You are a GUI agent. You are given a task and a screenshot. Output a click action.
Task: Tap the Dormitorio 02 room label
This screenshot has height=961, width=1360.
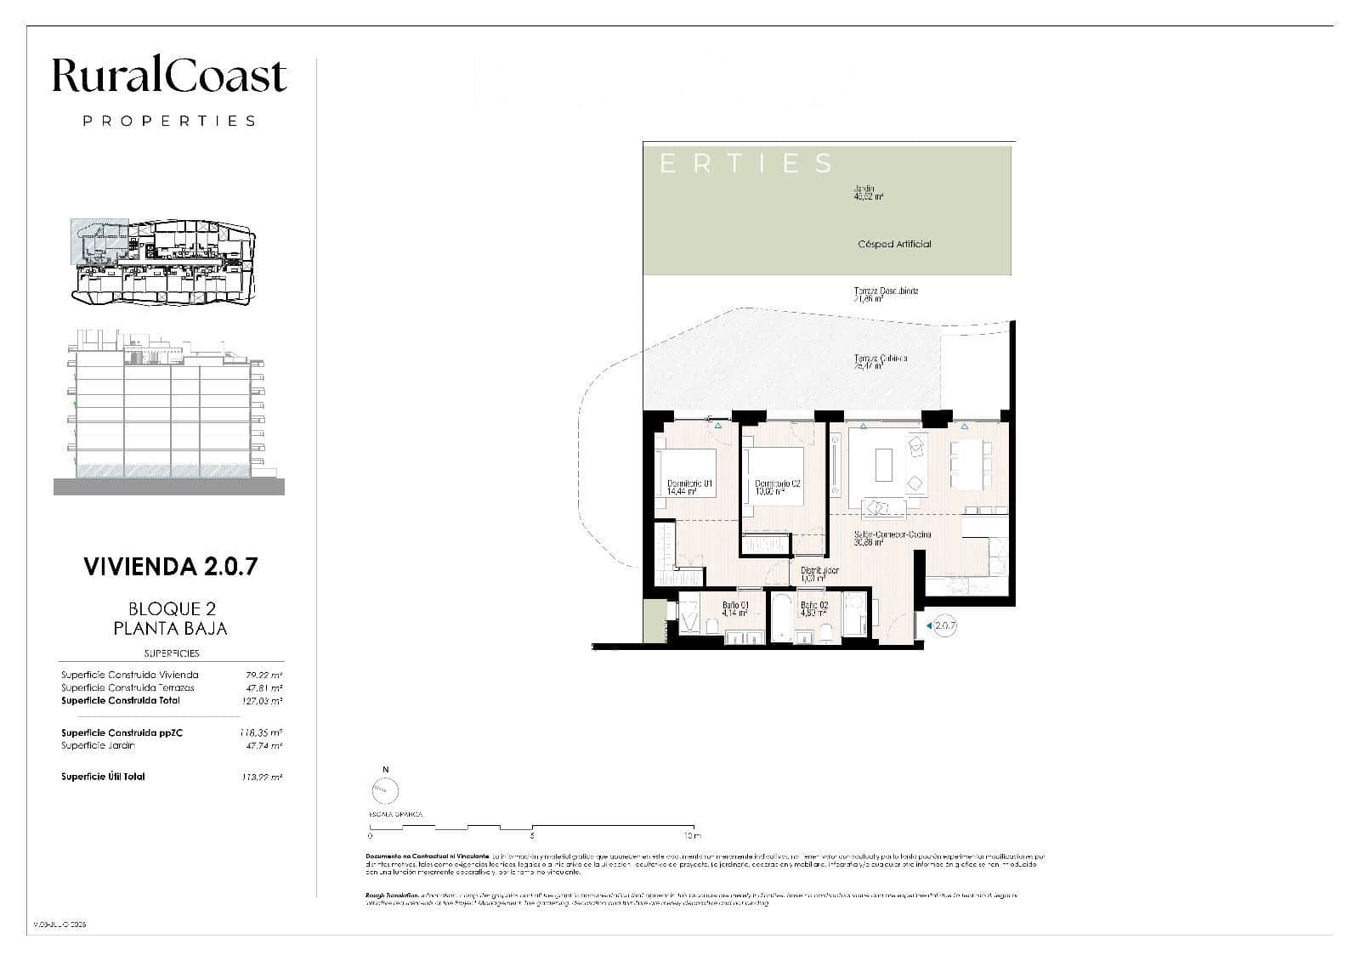[778, 487]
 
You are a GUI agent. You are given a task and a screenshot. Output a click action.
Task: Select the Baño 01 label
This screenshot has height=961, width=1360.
[734, 608]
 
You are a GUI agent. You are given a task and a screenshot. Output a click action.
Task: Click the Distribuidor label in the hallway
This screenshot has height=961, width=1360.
[819, 574]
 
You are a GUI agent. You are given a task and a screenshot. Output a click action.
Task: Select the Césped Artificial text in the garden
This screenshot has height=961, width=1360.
[894, 244]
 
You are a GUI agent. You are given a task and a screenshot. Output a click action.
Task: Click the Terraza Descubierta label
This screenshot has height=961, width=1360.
[886, 295]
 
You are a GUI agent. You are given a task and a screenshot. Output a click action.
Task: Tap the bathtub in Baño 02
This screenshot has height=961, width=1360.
[780, 619]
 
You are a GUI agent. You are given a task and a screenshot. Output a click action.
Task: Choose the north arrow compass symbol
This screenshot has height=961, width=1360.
[385, 791]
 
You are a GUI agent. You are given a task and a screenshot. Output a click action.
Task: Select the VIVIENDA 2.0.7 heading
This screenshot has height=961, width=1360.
[170, 567]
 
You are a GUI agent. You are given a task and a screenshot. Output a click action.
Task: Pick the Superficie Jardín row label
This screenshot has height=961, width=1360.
[98, 745]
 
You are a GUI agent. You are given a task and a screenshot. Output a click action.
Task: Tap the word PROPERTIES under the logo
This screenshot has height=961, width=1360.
[169, 121]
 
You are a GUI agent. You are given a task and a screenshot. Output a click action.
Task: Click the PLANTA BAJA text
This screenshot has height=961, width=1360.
[170, 629]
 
